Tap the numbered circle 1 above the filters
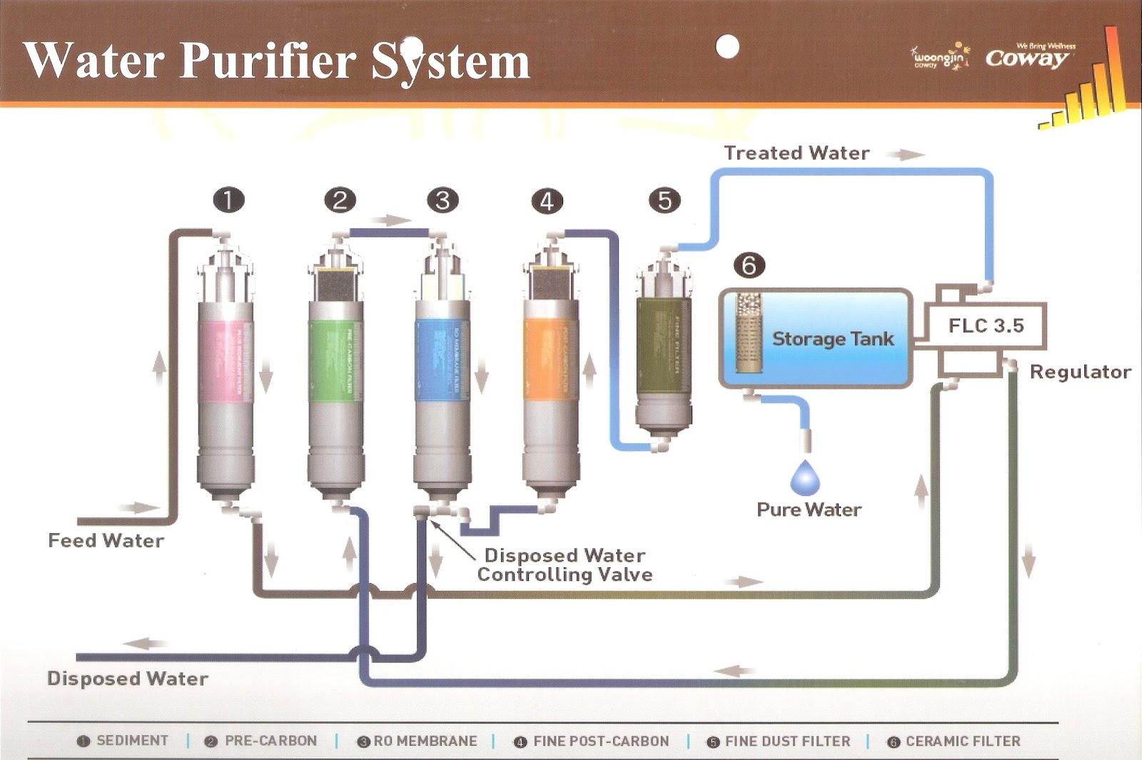point(228,200)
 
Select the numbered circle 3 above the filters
point(443,200)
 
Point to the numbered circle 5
point(665,200)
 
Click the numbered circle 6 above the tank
point(749,265)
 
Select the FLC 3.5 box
point(986,326)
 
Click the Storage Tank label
point(832,339)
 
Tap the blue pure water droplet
point(805,478)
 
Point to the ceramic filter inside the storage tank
point(749,333)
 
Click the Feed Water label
point(106,541)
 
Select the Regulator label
point(1080,372)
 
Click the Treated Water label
point(797,153)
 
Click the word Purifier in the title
point(268,60)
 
